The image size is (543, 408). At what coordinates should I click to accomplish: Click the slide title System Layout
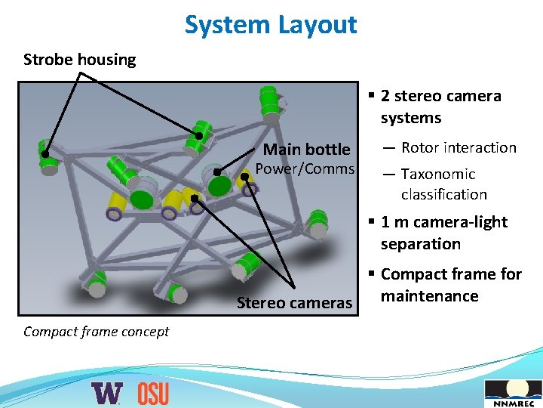point(271,25)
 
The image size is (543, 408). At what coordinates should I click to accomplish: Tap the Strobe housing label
point(80,59)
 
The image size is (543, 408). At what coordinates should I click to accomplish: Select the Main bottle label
point(306,149)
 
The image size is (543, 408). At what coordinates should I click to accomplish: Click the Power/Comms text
point(305,168)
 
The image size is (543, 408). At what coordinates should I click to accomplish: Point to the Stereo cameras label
point(294,303)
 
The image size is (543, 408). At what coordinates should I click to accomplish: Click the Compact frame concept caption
point(97,331)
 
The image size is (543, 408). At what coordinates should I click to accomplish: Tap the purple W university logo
point(106,393)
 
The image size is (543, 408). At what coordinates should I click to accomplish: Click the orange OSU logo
point(153,393)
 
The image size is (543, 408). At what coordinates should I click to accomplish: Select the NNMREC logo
point(512,393)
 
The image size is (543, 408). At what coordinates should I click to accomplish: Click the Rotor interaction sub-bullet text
point(459,147)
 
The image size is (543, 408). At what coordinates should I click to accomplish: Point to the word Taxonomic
point(437,174)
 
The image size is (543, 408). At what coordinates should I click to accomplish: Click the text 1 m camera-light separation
point(443,233)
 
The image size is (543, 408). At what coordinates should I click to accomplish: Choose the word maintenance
point(429,295)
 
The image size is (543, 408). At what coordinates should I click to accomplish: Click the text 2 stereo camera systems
point(440,107)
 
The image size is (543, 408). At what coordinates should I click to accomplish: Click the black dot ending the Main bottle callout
point(216,172)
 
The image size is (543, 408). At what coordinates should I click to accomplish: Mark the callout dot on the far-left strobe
point(45,154)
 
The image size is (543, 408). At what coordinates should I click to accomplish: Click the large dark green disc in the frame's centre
point(141,199)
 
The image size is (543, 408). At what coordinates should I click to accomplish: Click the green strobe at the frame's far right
point(318,221)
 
